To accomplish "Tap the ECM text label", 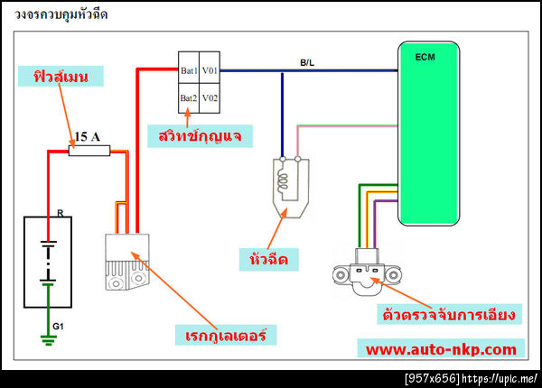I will pyautogui.click(x=425, y=57).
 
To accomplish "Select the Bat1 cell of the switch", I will pyautogui.click(x=189, y=69).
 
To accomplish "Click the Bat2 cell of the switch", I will pyautogui.click(x=189, y=97).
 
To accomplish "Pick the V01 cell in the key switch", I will pyautogui.click(x=210, y=69).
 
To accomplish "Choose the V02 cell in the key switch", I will pyautogui.click(x=210, y=97).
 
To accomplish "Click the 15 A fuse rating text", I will pyautogui.click(x=87, y=137).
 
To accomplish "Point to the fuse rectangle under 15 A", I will pyautogui.click(x=90, y=152).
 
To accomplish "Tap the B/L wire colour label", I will pyautogui.click(x=307, y=62).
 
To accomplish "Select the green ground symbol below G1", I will pyautogui.click(x=47, y=340).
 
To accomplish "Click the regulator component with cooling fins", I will pyautogui.click(x=126, y=262).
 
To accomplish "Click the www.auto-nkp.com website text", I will pyautogui.click(x=442, y=348).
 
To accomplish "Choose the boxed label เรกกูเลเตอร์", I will pyautogui.click(x=224, y=335).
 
